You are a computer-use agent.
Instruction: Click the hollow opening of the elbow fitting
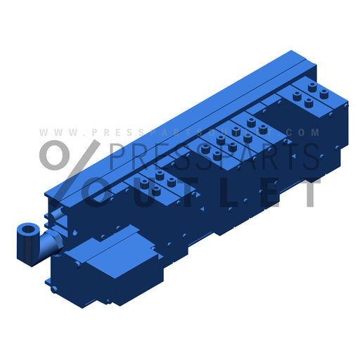pyautogui.click(x=27, y=230)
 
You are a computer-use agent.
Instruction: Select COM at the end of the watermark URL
pyautogui.click(x=309, y=132)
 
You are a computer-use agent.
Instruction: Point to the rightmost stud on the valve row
pyautogui.click(x=324, y=93)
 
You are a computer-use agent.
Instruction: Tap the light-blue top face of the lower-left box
pyautogui.click(x=105, y=242)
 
